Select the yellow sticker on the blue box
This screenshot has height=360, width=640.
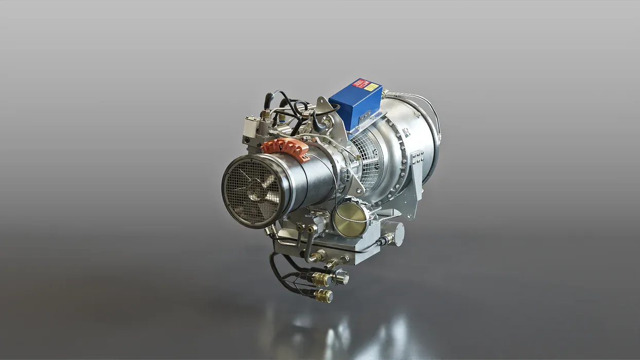pos(371,87)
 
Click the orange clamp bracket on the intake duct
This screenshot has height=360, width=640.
pos(285,148)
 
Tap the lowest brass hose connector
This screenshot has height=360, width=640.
pos(323,295)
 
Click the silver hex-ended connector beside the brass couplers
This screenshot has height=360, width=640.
pos(340,278)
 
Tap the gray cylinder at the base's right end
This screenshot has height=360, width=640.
pos(397,234)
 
